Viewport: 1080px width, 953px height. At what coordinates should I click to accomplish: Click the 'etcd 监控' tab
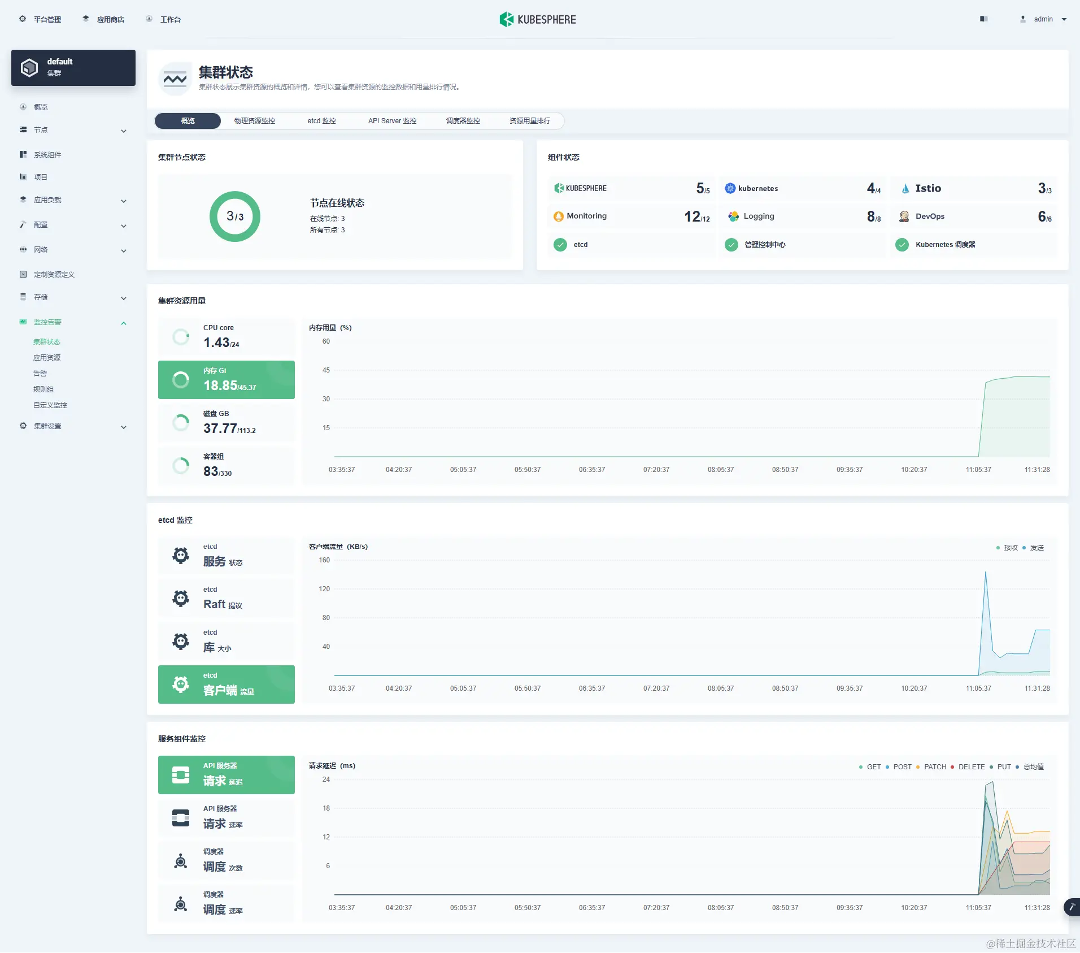[x=321, y=121]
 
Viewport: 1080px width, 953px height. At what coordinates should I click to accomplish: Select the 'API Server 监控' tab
[x=392, y=121]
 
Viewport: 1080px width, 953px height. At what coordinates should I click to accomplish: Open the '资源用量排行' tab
[x=529, y=121]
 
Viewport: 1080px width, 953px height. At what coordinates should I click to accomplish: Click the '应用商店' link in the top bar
[x=110, y=20]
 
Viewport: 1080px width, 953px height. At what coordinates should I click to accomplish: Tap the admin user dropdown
[x=1044, y=19]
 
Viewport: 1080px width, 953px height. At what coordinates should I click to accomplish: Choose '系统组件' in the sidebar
[x=47, y=155]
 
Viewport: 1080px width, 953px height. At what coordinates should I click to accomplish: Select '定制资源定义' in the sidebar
[x=54, y=275]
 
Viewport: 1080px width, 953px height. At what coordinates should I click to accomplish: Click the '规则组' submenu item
[x=43, y=389]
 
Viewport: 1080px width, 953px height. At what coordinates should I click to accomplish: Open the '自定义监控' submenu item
[x=50, y=405]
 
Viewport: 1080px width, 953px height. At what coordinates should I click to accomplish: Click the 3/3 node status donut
[x=235, y=216]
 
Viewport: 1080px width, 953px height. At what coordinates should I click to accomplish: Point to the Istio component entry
[x=928, y=188]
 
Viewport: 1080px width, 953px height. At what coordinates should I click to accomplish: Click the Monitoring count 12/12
[x=696, y=216]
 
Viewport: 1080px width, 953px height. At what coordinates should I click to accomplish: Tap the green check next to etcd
[x=560, y=245]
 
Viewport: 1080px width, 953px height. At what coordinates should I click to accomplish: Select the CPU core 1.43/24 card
[x=227, y=337]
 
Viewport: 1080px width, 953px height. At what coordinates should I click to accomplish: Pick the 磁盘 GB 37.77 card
[x=227, y=423]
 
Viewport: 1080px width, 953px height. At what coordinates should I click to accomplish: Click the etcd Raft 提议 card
[x=227, y=599]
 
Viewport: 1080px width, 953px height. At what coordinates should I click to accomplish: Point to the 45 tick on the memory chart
[x=326, y=370]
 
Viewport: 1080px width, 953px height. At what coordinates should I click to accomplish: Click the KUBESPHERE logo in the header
[x=538, y=20]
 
